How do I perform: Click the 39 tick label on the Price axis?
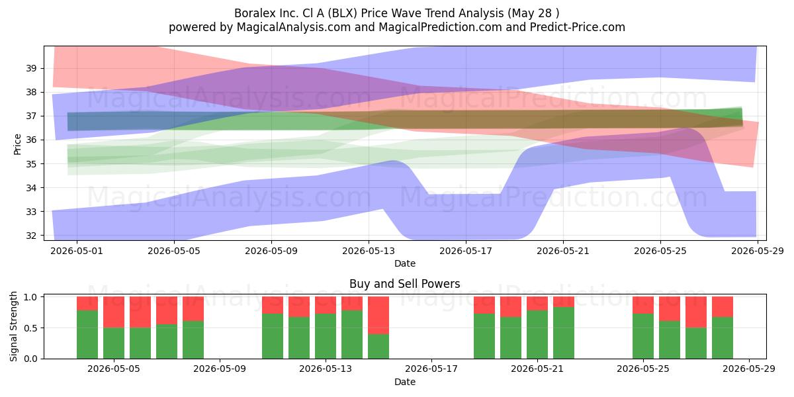coord(31,68)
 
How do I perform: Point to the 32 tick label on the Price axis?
coord(31,236)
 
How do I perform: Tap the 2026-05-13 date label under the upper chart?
coord(369,251)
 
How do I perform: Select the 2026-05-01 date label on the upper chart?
coord(77,251)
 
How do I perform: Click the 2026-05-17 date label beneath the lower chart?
coord(431,369)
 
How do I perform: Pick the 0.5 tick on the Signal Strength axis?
coord(31,328)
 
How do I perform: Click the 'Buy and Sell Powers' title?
coord(405,284)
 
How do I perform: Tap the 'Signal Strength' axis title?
coord(13,326)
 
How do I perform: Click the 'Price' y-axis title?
coord(17,144)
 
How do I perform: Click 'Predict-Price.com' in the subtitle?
coord(578,27)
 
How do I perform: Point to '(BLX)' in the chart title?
coord(343,13)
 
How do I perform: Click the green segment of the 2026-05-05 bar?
coord(114,343)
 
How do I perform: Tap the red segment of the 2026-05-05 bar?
coord(114,312)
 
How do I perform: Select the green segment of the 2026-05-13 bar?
coord(326,336)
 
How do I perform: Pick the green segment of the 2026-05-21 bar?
coord(537,335)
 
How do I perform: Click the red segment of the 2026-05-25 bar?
coord(643,305)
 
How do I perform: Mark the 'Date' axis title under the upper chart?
coord(405,263)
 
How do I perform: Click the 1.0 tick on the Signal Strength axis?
coord(31,297)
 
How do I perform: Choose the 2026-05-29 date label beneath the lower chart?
coord(749,369)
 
